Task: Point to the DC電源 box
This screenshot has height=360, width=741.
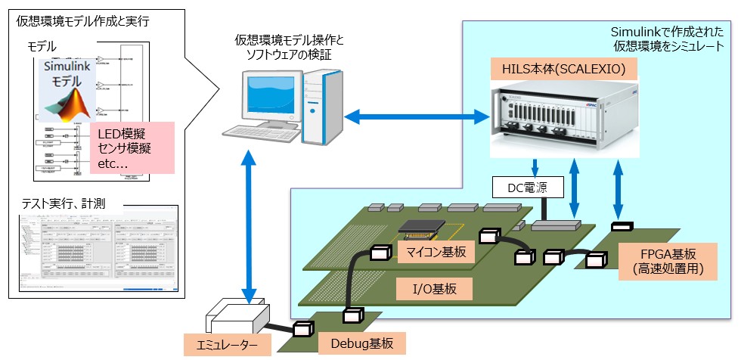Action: point(519,185)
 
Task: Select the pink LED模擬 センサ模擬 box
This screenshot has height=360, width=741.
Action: point(132,148)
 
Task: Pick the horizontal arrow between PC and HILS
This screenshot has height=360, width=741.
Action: point(414,116)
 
